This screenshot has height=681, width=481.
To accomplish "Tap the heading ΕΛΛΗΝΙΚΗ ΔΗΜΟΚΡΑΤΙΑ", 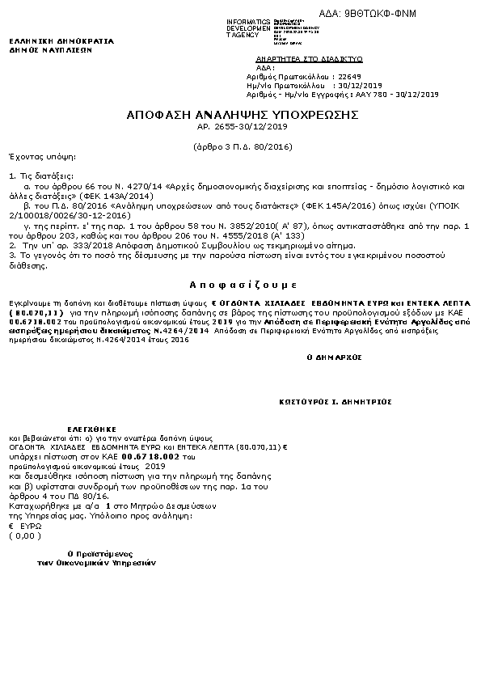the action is click(61, 40).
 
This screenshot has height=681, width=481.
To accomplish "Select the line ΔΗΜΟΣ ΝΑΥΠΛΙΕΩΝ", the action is click(50, 49).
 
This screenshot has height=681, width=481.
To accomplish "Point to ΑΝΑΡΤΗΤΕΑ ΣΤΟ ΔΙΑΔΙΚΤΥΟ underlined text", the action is click(309, 59).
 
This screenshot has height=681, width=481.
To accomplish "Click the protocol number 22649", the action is click(349, 76).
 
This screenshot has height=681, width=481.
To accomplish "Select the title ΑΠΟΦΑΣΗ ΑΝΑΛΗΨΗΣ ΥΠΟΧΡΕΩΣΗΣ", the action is click(243, 115).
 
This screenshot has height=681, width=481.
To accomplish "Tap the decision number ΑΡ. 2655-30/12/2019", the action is click(243, 127).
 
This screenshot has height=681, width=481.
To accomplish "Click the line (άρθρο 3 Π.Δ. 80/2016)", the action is click(243, 146).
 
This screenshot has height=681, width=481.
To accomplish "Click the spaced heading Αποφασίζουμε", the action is click(243, 286).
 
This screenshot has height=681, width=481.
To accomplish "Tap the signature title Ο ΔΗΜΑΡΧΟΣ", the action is click(334, 356).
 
